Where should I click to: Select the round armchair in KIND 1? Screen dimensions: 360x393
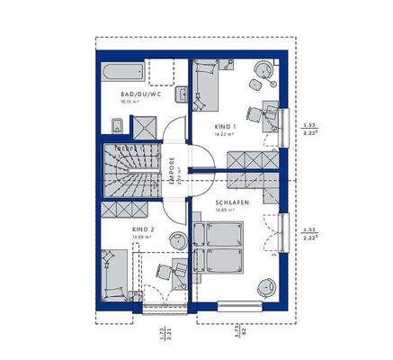(x=263, y=68)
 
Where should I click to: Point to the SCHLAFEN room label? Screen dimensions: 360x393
(x=230, y=202)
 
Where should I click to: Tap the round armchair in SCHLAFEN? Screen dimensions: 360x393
(x=266, y=287)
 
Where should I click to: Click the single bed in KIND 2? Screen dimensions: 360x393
(x=115, y=274)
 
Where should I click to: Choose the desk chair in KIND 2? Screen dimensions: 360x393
(x=164, y=271)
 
